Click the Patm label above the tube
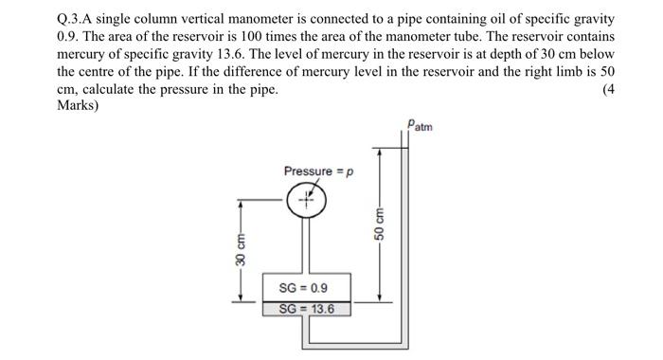click(x=420, y=124)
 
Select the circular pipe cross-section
click(x=307, y=200)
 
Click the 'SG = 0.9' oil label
click(x=302, y=287)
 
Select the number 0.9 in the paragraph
click(x=66, y=36)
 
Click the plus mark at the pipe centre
click(x=307, y=200)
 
